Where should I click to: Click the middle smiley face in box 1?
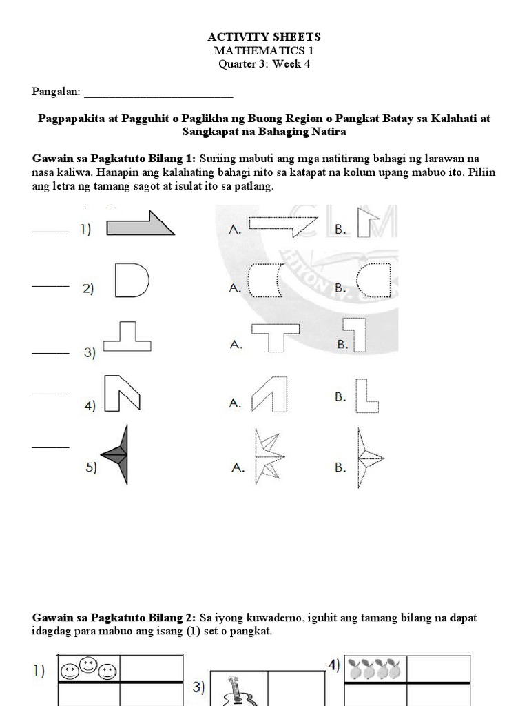click(x=86, y=665)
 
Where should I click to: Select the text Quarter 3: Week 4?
click(x=264, y=65)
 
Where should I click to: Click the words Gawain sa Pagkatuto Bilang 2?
click(x=114, y=618)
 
